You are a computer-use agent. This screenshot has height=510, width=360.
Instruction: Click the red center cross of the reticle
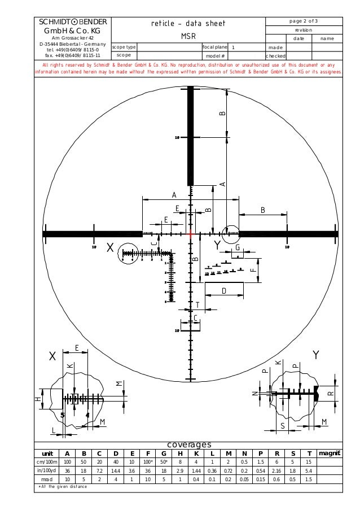pyautogui.click(x=191, y=233)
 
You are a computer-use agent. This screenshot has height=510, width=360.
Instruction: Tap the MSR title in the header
pyautogui.click(x=188, y=35)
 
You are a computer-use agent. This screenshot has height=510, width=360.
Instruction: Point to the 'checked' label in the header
pyautogui.click(x=276, y=56)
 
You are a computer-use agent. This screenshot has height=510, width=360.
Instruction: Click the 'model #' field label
pyautogui.click(x=215, y=56)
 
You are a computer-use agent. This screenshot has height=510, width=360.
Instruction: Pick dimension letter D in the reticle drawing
pyautogui.click(x=223, y=290)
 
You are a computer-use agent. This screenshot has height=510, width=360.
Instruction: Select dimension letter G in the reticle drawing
pyautogui.click(x=238, y=248)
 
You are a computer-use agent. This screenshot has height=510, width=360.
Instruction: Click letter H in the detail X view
pyautogui.click(x=38, y=399)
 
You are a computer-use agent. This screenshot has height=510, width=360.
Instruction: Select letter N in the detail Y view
pyautogui.click(x=254, y=393)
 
